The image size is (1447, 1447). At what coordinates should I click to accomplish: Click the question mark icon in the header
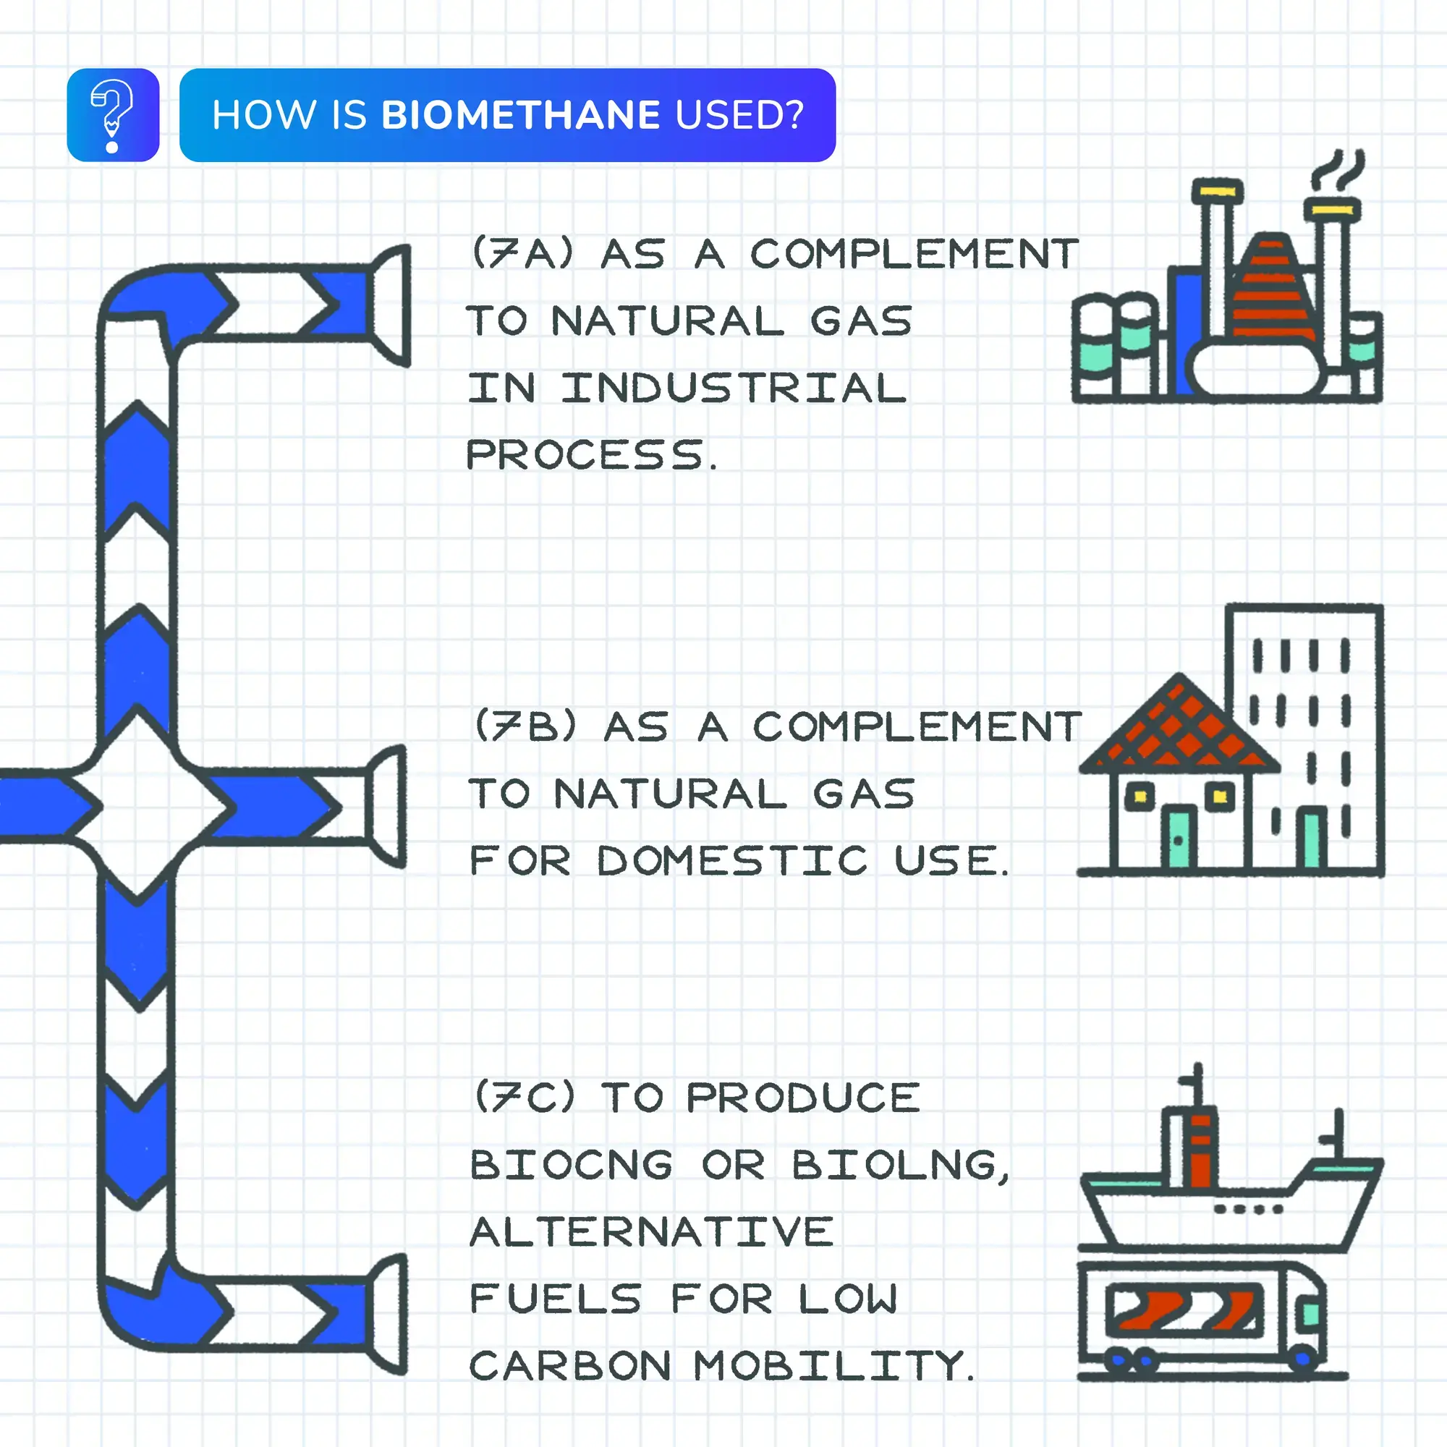click(112, 115)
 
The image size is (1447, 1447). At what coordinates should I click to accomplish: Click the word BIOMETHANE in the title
click(520, 115)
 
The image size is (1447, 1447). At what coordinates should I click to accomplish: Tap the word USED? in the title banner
click(739, 115)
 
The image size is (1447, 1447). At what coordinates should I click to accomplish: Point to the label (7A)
click(523, 253)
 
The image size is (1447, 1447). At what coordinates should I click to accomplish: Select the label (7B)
click(526, 726)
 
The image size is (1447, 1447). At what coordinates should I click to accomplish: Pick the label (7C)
click(526, 1097)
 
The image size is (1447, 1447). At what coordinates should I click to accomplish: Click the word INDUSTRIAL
click(734, 388)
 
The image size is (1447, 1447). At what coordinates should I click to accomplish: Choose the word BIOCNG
click(572, 1165)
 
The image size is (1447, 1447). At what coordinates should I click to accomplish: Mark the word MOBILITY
click(833, 1365)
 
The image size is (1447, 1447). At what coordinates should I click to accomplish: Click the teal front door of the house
click(1178, 837)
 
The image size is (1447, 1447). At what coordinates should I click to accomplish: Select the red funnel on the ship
click(1200, 1150)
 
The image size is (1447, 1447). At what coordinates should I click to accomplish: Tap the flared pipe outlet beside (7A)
click(391, 305)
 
